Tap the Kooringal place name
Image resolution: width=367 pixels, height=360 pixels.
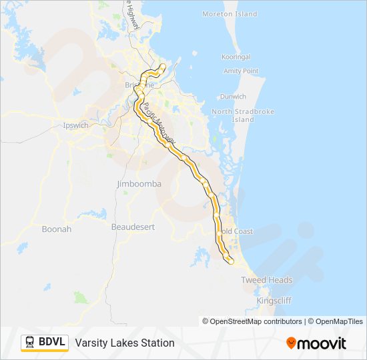[x=236, y=57]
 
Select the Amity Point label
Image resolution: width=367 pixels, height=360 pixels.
[x=241, y=71]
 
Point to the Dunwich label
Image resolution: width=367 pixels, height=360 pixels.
[x=233, y=97]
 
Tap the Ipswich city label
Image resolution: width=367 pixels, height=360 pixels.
[x=75, y=125]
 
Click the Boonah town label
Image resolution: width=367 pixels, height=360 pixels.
[x=57, y=229]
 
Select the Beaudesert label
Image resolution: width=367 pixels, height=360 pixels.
[x=133, y=227]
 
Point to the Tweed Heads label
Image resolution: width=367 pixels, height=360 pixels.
[x=267, y=280]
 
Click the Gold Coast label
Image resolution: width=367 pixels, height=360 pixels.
[x=237, y=231]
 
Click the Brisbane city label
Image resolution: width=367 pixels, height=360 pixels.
[x=139, y=85]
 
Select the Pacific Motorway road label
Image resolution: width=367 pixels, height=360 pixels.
[x=158, y=120]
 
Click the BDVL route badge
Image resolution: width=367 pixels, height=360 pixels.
[x=45, y=343]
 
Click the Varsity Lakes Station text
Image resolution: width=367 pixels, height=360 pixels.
[x=125, y=343]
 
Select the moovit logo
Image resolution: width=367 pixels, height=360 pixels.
[x=316, y=343]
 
